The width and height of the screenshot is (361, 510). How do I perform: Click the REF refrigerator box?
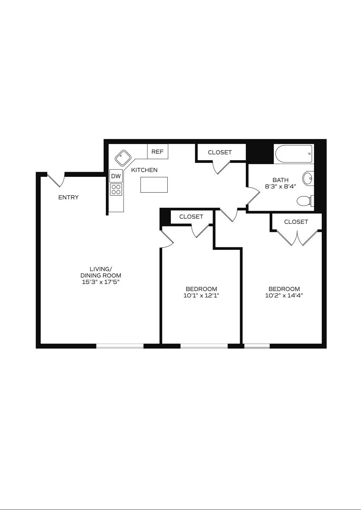click(158, 151)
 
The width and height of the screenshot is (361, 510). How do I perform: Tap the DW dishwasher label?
click(116, 176)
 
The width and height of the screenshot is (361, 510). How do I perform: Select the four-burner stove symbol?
click(116, 189)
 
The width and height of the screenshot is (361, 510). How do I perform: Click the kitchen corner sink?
click(123, 158)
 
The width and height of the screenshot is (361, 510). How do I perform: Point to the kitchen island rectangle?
click(154, 185)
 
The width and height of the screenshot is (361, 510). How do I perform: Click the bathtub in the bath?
click(293, 154)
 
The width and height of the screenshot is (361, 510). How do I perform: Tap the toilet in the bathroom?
click(304, 201)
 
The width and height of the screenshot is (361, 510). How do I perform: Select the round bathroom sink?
click(308, 178)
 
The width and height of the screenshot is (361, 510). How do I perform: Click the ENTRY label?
click(68, 197)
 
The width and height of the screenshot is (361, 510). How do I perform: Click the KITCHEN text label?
click(144, 170)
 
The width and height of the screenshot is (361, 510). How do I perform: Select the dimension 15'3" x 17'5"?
click(101, 282)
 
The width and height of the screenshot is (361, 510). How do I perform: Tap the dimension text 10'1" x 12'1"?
click(201, 296)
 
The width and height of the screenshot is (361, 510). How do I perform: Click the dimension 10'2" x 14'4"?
click(284, 296)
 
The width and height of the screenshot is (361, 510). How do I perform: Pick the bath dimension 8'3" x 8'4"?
click(280, 186)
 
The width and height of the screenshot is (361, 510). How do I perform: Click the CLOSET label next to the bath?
click(220, 152)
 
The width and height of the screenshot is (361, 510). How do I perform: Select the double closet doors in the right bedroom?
click(297, 238)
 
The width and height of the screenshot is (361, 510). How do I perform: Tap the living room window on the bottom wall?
click(120, 346)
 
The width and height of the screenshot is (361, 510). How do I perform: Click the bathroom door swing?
click(253, 196)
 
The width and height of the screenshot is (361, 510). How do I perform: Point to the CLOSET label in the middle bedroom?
click(191, 217)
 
